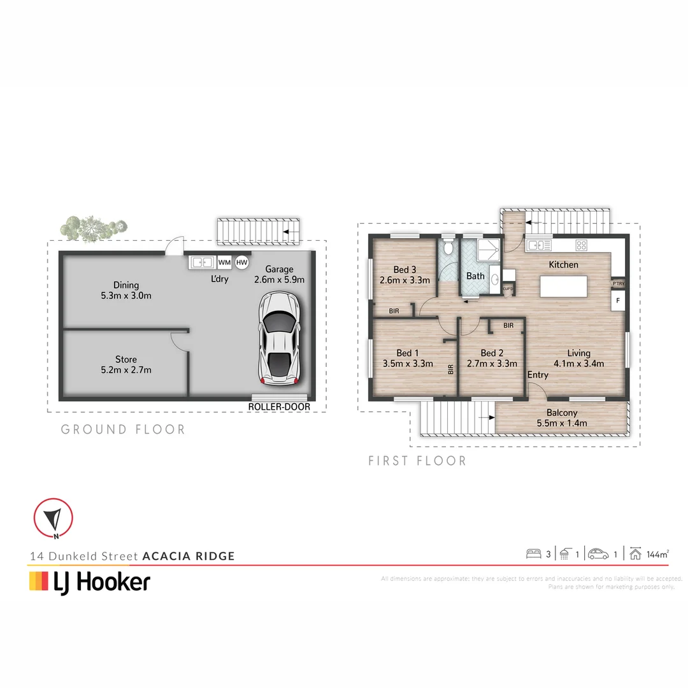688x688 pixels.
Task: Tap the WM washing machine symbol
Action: pos(224,262)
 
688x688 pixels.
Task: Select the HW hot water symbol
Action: pos(241,262)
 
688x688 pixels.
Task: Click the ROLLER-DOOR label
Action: pos(279,406)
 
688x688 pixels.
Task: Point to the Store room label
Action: pos(125,364)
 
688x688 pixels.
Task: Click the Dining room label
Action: pos(125,290)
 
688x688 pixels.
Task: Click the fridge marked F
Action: pos(617,300)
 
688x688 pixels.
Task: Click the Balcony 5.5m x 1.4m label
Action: pos(561,418)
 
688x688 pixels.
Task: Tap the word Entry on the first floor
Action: pos(537,375)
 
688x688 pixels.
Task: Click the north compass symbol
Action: pos(54,517)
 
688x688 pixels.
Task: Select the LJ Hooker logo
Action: pos(90,582)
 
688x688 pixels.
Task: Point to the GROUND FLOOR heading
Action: pos(123,429)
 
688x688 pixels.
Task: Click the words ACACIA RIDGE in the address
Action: pos(189,556)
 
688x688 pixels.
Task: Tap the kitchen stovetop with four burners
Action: pos(582,245)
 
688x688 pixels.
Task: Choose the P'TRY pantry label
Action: pos(617,283)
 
